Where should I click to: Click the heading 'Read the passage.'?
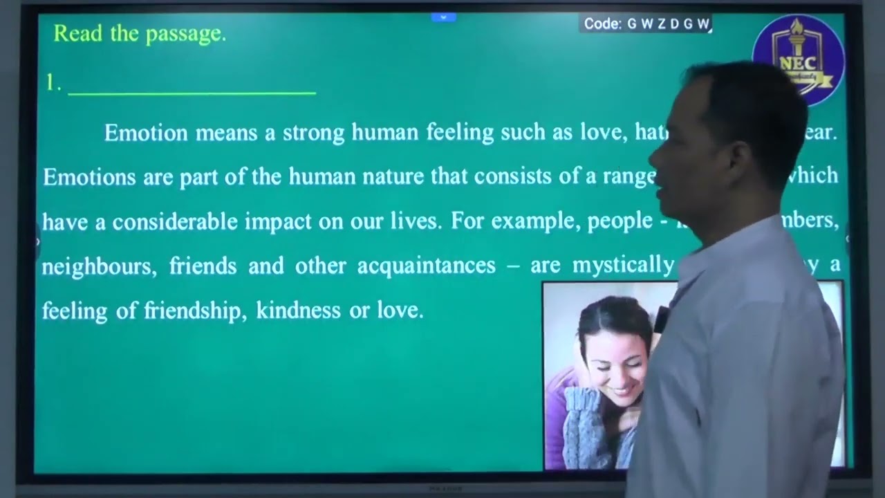pos(140,33)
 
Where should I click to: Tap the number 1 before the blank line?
pos(50,83)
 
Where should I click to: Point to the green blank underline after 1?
pos(192,93)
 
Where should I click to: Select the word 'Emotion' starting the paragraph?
pos(146,132)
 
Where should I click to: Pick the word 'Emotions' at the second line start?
pos(89,176)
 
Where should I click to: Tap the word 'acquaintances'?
pos(426,266)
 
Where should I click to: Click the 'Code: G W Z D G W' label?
pos(646,24)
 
